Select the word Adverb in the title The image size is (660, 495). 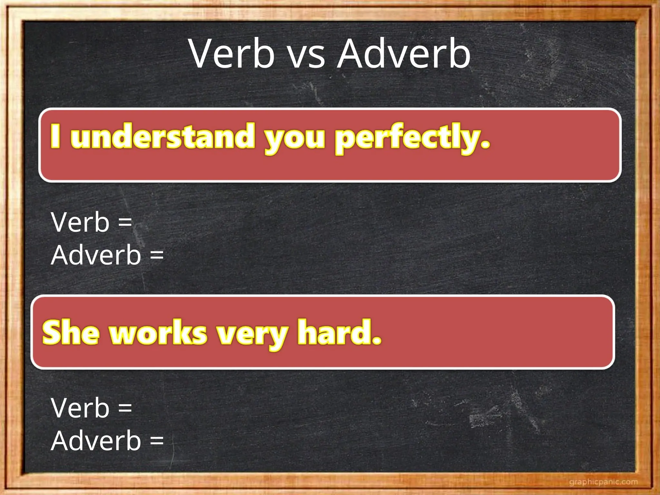point(404,54)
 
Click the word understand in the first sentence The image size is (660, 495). point(163,136)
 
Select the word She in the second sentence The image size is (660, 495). point(71,332)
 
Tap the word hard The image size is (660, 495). point(335,332)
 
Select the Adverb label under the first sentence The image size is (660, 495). point(96,255)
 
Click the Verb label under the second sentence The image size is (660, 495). point(80,408)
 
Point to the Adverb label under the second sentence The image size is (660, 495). point(96,441)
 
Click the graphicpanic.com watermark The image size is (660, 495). point(603,482)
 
